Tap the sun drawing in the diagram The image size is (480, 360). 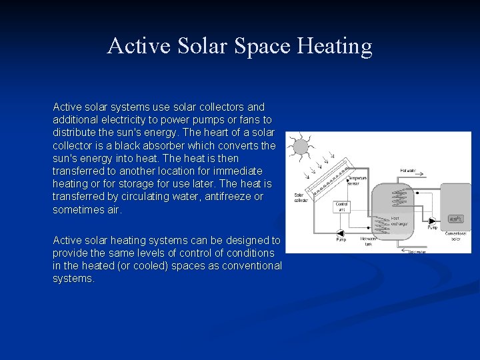click(301, 147)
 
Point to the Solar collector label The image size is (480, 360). click(300, 198)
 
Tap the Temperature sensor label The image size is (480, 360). click(357, 181)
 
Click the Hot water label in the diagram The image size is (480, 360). click(407, 171)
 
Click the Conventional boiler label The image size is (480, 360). click(456, 236)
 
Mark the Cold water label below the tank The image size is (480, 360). click(417, 251)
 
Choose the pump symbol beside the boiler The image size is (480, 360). click(431, 220)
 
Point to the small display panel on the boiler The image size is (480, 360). click(456, 219)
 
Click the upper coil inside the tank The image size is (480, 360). click(397, 193)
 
